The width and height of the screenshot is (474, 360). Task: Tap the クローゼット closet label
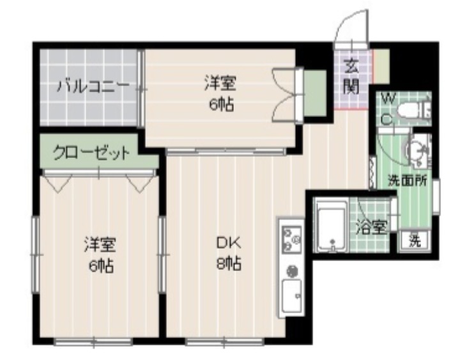pyautogui.click(x=91, y=153)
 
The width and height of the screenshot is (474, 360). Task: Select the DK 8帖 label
pyautogui.click(x=227, y=253)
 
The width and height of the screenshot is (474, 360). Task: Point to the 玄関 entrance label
pyautogui.click(x=351, y=76)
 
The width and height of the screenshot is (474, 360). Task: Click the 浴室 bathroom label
pyautogui.click(x=371, y=228)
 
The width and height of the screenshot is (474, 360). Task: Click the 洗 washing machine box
pyautogui.click(x=416, y=242)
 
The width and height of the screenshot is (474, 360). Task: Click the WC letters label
pyautogui.click(x=388, y=109)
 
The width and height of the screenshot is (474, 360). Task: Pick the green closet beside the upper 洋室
pyautogui.click(x=315, y=91)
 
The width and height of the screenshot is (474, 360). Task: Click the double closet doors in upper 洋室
pyautogui.click(x=285, y=93)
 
